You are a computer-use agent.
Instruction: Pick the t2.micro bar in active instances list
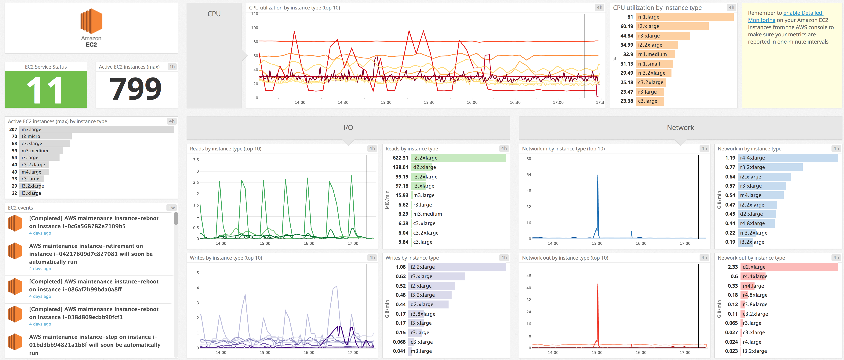pyautogui.click(x=45, y=136)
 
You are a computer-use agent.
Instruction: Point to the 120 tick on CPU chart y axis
pyautogui.click(x=255, y=14)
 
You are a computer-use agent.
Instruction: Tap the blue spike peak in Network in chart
pyautogui.click(x=598, y=175)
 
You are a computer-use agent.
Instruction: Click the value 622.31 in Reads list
pyautogui.click(x=400, y=158)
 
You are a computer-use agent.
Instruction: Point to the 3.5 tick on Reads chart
pyautogui.click(x=196, y=160)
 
